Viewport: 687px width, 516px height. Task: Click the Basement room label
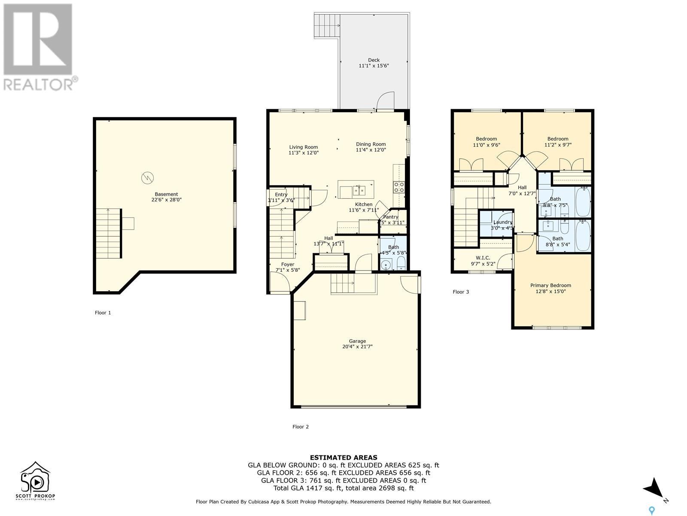pyautogui.click(x=166, y=194)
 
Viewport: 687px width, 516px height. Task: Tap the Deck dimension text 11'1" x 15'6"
pyautogui.click(x=374, y=66)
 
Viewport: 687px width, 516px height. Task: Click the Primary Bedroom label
pyautogui.click(x=550, y=286)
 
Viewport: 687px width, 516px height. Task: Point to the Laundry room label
pyautogui.click(x=502, y=222)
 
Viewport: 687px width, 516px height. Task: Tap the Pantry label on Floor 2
pyautogui.click(x=391, y=217)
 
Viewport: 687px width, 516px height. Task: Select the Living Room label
pyautogui.click(x=303, y=147)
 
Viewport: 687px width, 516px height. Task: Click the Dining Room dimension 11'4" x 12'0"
pyautogui.click(x=371, y=150)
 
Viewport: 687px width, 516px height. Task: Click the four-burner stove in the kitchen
pyautogui.click(x=399, y=186)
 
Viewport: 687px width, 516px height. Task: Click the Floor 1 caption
pyautogui.click(x=103, y=313)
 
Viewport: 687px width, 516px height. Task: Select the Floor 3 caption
pyautogui.click(x=461, y=292)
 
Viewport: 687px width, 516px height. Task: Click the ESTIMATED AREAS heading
pyautogui.click(x=343, y=458)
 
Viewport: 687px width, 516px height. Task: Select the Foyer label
pyautogui.click(x=288, y=264)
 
